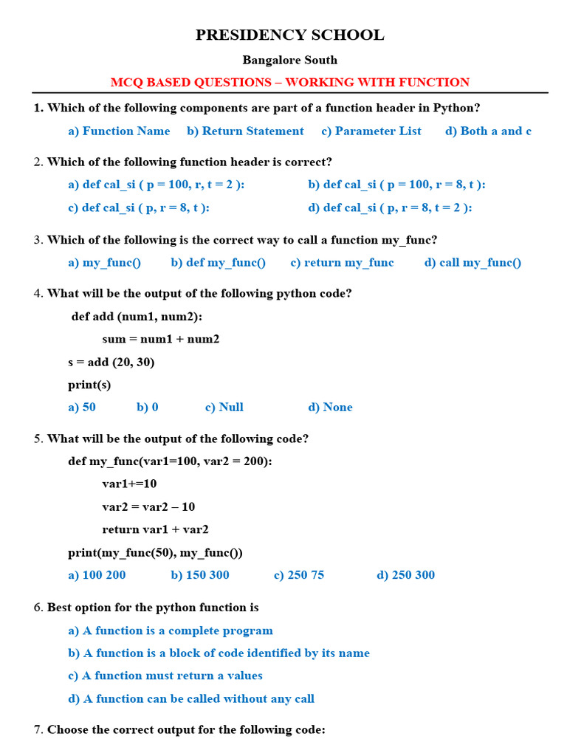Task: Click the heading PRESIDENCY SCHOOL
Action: (x=289, y=35)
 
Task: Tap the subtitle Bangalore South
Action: (x=289, y=60)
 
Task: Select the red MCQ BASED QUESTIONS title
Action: (x=289, y=83)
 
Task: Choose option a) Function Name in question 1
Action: (x=119, y=131)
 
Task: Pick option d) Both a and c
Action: (x=488, y=131)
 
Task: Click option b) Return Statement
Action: (x=245, y=131)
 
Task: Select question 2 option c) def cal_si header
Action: (x=139, y=207)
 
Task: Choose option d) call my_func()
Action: (x=472, y=262)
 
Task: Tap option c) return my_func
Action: (x=342, y=262)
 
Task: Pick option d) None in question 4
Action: (x=330, y=407)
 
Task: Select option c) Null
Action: (x=224, y=407)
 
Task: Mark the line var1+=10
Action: (x=129, y=484)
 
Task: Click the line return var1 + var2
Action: (x=155, y=529)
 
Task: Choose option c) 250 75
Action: (x=298, y=574)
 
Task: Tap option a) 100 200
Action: (x=97, y=574)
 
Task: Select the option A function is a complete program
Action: (x=171, y=630)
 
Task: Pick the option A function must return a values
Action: (x=165, y=676)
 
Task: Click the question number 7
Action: (x=38, y=729)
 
